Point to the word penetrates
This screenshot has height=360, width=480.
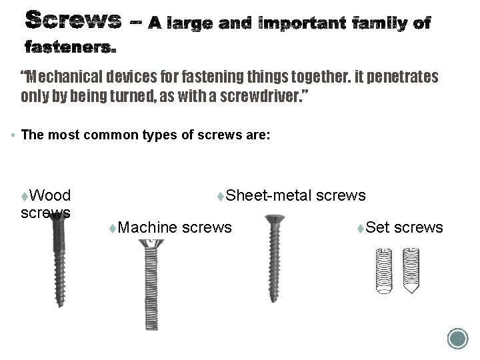394,77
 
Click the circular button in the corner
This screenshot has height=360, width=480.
457,338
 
